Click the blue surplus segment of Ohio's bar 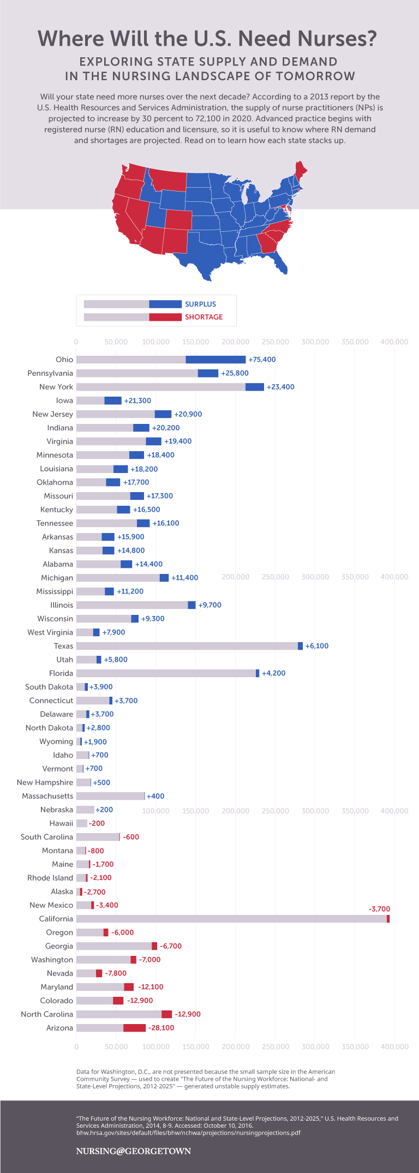tap(216, 360)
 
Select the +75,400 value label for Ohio tap(262, 360)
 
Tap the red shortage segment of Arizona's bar tap(134, 1028)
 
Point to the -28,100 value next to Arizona tap(161, 1028)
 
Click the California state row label tap(56, 919)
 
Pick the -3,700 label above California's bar tap(379, 909)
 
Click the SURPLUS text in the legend tap(200, 304)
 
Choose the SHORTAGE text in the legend tap(203, 317)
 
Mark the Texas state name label tap(63, 646)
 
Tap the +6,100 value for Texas tap(317, 646)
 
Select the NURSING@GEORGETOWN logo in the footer tap(133, 1151)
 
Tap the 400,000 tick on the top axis tap(394, 342)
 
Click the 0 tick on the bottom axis tap(76, 1047)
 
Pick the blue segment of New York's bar tap(255, 387)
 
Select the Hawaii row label tap(61, 823)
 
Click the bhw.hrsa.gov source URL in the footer tap(188, 1133)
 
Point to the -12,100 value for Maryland tap(151, 987)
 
